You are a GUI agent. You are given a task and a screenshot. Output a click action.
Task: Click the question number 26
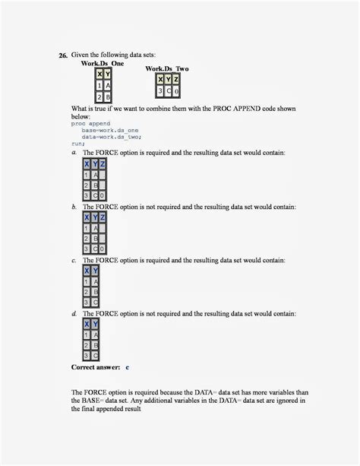coord(63,55)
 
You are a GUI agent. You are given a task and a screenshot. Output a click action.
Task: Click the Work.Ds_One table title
coord(103,63)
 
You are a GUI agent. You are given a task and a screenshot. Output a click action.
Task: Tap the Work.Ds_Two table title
coord(167,69)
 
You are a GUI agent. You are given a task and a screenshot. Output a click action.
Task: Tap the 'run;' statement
coord(77,143)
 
